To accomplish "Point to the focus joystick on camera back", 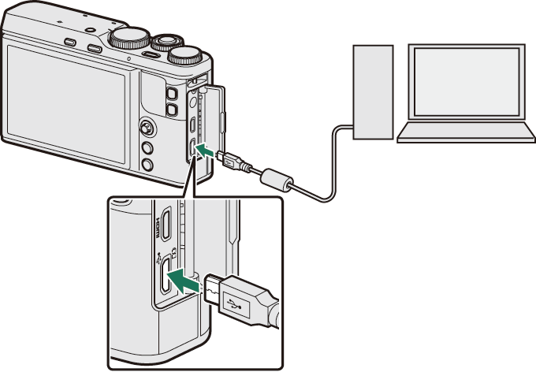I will click(x=147, y=127).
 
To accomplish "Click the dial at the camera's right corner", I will click(x=188, y=54).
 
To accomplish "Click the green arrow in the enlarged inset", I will click(x=190, y=278).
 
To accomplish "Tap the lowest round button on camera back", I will click(x=146, y=164).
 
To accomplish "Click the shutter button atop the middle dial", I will click(x=166, y=37).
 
